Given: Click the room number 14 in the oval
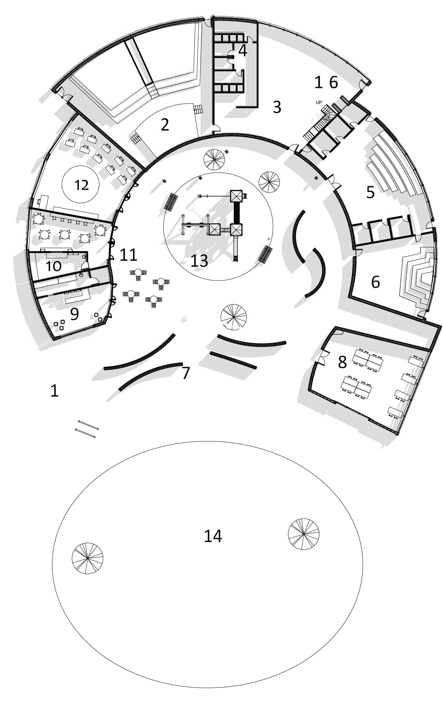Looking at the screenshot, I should (x=213, y=536).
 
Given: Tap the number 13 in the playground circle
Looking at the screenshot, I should (x=199, y=261).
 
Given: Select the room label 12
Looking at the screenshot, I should (x=81, y=185).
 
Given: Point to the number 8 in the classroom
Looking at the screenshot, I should (x=342, y=362).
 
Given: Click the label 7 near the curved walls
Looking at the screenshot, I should (x=186, y=373).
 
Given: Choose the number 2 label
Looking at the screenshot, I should (x=165, y=125).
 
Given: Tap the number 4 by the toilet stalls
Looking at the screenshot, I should (x=243, y=51).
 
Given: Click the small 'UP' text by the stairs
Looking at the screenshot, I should (x=319, y=102).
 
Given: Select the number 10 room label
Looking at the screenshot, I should (x=53, y=266).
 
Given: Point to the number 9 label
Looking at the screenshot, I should (x=74, y=314).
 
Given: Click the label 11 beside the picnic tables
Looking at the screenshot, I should (x=128, y=255).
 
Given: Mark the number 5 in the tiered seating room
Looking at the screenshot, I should (x=370, y=192).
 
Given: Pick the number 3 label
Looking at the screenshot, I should (x=277, y=107).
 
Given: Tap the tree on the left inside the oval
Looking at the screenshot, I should (x=87, y=558).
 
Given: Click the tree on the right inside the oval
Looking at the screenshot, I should (x=304, y=534).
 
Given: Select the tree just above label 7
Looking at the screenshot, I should (x=234, y=317).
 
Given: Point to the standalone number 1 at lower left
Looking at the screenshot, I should (x=54, y=391).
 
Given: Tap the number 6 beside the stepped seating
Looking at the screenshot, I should (x=375, y=282).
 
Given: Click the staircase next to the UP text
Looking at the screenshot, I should (x=318, y=124).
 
